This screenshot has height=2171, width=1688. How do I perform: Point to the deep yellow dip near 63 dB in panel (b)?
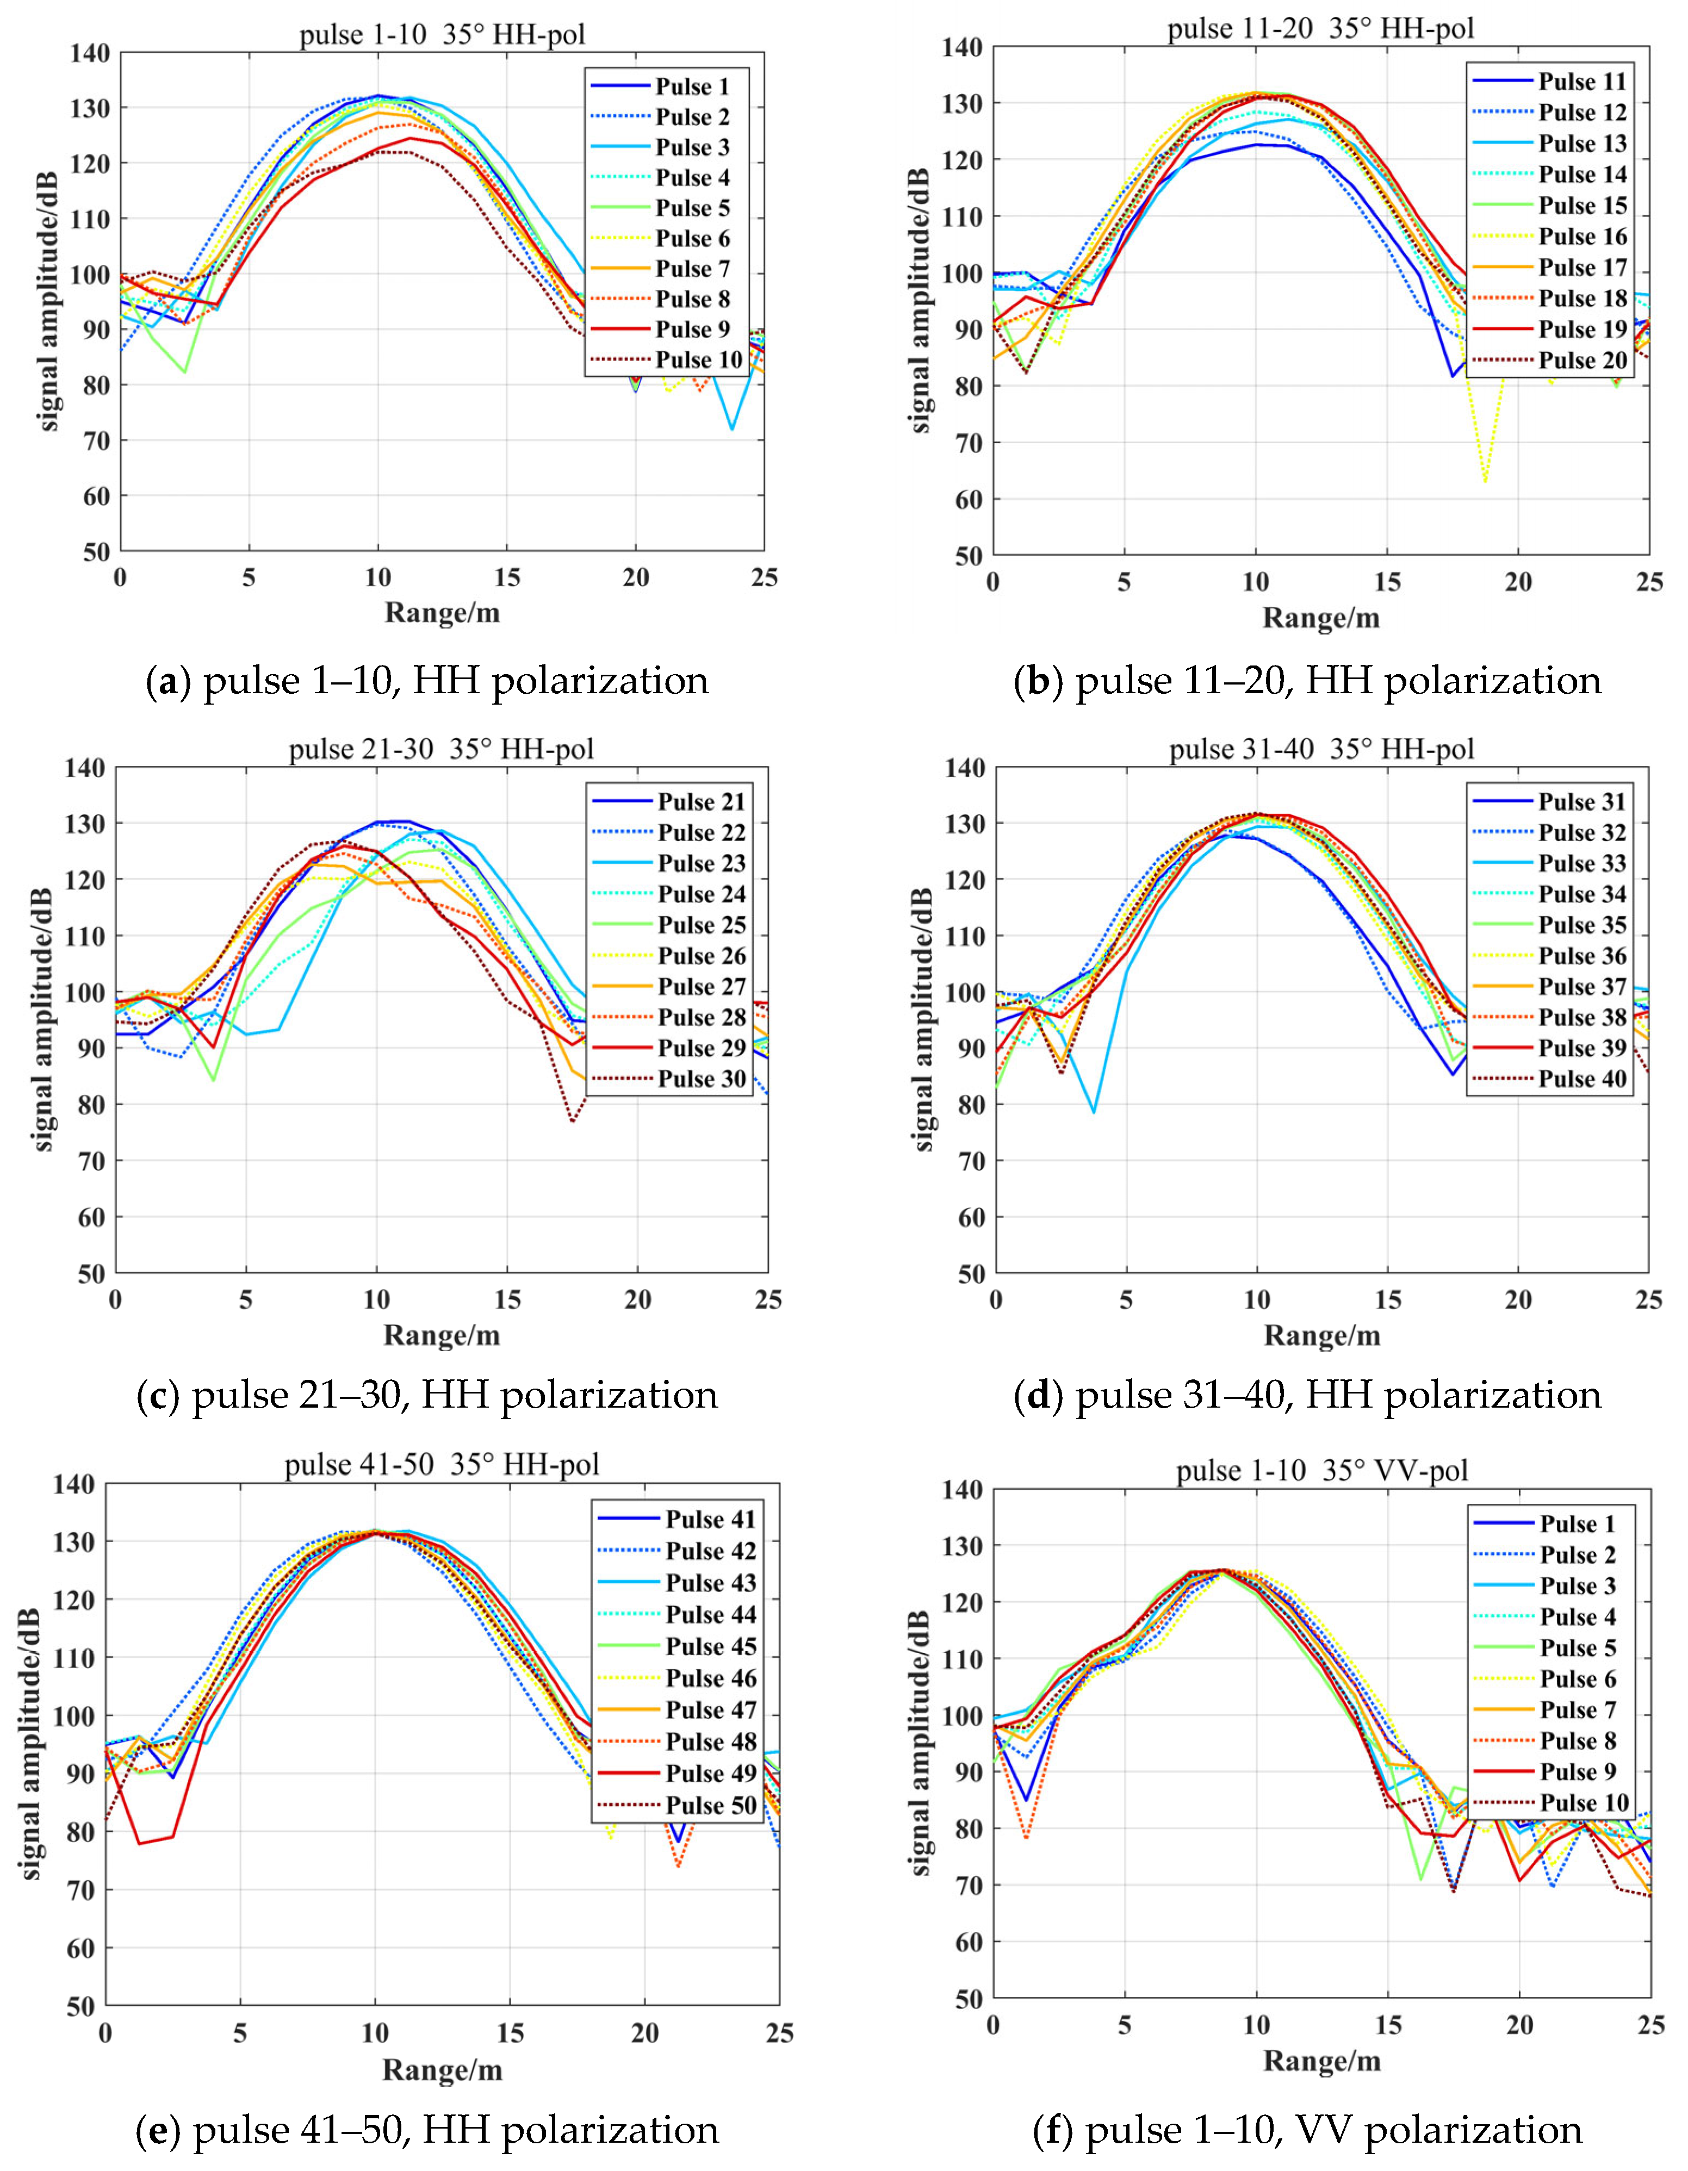[1485, 481]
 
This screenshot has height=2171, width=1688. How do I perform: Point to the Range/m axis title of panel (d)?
[1321, 1335]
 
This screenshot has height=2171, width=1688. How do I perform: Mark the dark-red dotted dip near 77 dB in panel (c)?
[574, 1120]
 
